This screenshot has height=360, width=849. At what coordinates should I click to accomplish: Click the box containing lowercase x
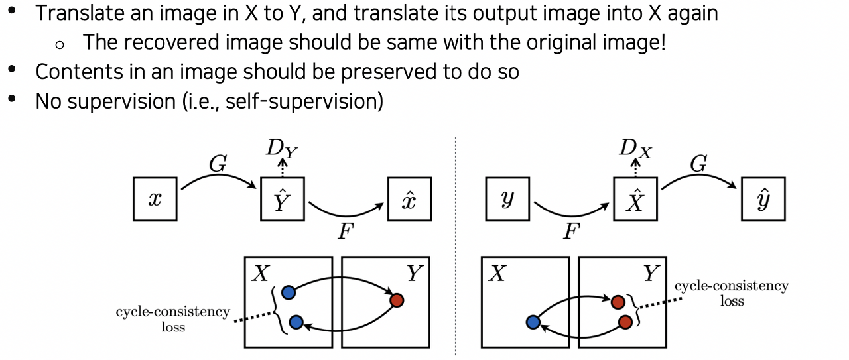(155, 199)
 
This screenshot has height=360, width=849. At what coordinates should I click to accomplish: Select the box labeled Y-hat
(282, 199)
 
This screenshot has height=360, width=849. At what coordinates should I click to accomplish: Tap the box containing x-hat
(409, 199)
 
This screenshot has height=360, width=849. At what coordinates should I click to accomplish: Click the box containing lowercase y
(507, 199)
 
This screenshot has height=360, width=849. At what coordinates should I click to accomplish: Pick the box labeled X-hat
(635, 199)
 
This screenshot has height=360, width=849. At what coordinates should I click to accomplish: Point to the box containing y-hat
(763, 199)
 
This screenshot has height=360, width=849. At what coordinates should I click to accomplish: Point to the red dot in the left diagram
(397, 300)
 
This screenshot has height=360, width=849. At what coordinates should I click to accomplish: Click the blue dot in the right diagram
(532, 322)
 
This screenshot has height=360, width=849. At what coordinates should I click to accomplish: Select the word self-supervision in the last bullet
(302, 102)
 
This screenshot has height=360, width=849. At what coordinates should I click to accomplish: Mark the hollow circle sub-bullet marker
(60, 44)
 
